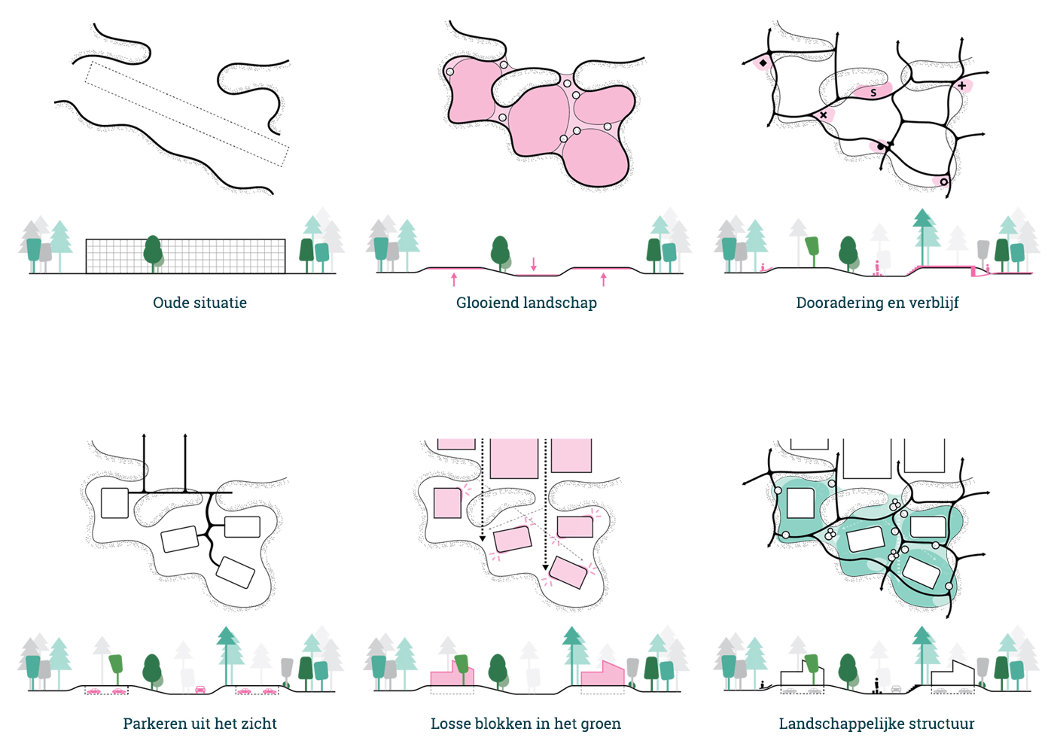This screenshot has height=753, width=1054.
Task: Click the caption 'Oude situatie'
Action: [x=200, y=303]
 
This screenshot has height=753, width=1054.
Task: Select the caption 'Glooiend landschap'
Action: [x=526, y=303]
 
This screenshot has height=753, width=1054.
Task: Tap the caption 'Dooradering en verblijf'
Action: [x=877, y=303]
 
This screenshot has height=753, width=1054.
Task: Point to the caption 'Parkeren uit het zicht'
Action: [x=200, y=724]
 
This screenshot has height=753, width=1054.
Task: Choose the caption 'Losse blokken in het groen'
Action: [x=525, y=724]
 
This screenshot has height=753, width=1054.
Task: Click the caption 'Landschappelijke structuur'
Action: [x=876, y=724]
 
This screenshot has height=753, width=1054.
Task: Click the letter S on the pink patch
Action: [x=873, y=93]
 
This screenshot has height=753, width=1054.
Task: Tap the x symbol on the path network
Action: [x=824, y=115]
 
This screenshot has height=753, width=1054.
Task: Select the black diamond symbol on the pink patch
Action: [x=763, y=63]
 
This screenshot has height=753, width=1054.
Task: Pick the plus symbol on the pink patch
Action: [x=961, y=86]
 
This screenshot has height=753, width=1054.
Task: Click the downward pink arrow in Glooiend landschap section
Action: [x=534, y=264]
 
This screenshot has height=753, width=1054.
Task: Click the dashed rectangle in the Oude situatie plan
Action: [x=186, y=114]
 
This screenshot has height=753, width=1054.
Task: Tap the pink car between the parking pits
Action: [x=200, y=689]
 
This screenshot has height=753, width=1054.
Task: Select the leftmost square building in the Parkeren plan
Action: [x=114, y=503]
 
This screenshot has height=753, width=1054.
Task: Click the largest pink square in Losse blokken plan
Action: [x=514, y=458]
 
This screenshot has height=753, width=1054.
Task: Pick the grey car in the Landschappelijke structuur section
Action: [x=896, y=688]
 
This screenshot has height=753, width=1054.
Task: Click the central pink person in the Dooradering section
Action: [x=877, y=267]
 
